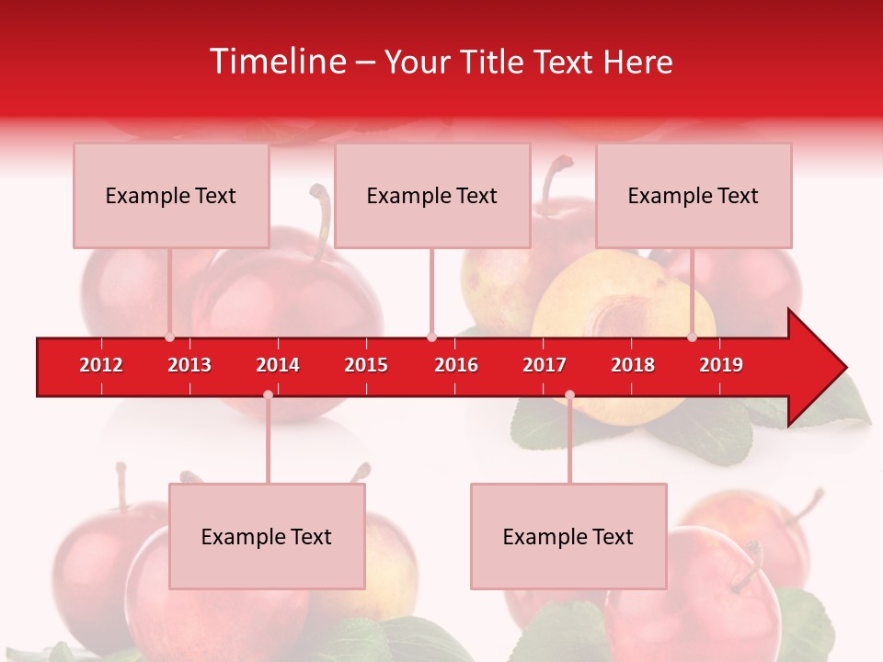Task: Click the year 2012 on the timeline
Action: point(101,365)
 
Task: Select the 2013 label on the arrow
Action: point(189,365)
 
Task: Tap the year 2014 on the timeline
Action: point(278,365)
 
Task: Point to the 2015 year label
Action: point(366,365)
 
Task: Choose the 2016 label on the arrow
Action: point(456,365)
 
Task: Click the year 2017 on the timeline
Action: point(545,365)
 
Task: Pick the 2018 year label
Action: point(633,365)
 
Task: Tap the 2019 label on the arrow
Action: point(721,365)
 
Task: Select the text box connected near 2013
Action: point(171,195)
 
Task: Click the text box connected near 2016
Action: point(432,195)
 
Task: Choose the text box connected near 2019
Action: point(694,195)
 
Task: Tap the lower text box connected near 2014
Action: point(267,536)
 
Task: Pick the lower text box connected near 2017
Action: point(568,536)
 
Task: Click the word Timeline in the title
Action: point(275,62)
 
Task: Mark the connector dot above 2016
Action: point(431,337)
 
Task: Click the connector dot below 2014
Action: point(268,394)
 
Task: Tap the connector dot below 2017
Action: point(569,394)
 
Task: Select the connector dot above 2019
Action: point(693,337)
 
